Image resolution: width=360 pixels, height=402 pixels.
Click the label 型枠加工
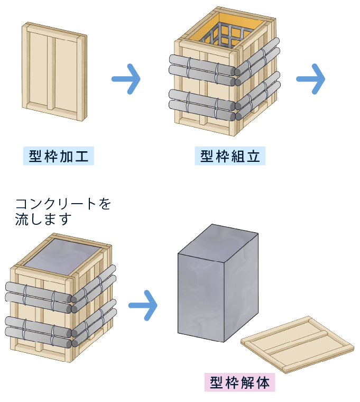(58, 157)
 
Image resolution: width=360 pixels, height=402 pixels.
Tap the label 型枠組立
(230, 157)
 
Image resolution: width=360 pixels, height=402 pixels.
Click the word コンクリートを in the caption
(63, 204)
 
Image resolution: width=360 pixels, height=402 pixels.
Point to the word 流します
(43, 219)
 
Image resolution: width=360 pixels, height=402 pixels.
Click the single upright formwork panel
(53, 71)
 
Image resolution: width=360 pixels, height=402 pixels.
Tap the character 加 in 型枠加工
(67, 157)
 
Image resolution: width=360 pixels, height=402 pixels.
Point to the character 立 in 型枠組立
(256, 157)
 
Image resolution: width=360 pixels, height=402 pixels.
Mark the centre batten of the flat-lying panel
(299, 341)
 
